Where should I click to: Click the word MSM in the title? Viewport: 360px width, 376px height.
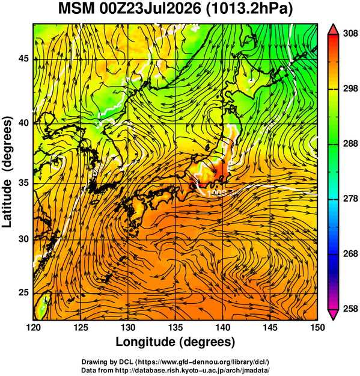point(76,9)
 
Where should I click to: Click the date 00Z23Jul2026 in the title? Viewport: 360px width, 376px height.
point(150,9)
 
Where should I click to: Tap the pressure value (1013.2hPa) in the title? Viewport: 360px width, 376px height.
point(249,10)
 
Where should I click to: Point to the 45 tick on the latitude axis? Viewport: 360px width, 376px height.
point(23,59)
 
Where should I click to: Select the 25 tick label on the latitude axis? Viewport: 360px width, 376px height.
point(23,293)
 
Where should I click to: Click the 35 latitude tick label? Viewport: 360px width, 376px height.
point(23,183)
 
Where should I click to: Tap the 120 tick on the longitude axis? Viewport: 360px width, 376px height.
point(33,327)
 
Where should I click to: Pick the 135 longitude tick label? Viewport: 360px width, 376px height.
point(175,327)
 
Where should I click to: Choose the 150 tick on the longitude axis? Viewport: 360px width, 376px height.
point(317,327)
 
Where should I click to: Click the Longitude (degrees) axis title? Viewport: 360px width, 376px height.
point(175,342)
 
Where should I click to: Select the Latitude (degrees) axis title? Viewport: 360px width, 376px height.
point(7,172)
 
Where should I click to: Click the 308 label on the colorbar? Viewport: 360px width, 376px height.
point(350,34)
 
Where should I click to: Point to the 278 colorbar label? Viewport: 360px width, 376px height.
point(350,199)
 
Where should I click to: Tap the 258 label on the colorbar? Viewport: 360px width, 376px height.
point(350,309)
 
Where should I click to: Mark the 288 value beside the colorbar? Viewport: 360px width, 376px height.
point(350,144)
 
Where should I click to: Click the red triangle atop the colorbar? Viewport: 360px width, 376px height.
point(333,29)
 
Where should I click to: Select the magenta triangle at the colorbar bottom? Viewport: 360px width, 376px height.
point(333,315)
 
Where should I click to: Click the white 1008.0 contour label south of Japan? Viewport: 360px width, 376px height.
point(220,193)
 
